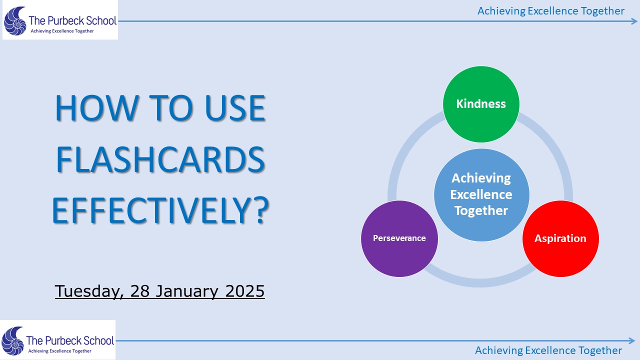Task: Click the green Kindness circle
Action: click(x=481, y=104)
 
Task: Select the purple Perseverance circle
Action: click(x=399, y=238)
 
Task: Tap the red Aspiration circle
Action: click(x=560, y=238)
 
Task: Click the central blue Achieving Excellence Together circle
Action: click(x=481, y=195)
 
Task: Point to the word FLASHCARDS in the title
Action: click(x=160, y=159)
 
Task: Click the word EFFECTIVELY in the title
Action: click(x=152, y=210)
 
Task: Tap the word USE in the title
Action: click(x=235, y=108)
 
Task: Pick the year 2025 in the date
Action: click(x=245, y=291)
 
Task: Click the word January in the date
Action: click(x=187, y=291)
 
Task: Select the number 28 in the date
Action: click(x=140, y=291)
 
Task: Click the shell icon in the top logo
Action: click(x=15, y=21)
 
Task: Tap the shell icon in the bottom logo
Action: click(x=13, y=341)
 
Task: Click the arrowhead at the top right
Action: click(x=634, y=21)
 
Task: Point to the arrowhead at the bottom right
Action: click(x=631, y=340)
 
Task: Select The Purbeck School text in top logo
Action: click(x=72, y=20)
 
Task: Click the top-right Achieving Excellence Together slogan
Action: click(x=551, y=11)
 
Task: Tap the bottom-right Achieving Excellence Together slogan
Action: click(x=548, y=350)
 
